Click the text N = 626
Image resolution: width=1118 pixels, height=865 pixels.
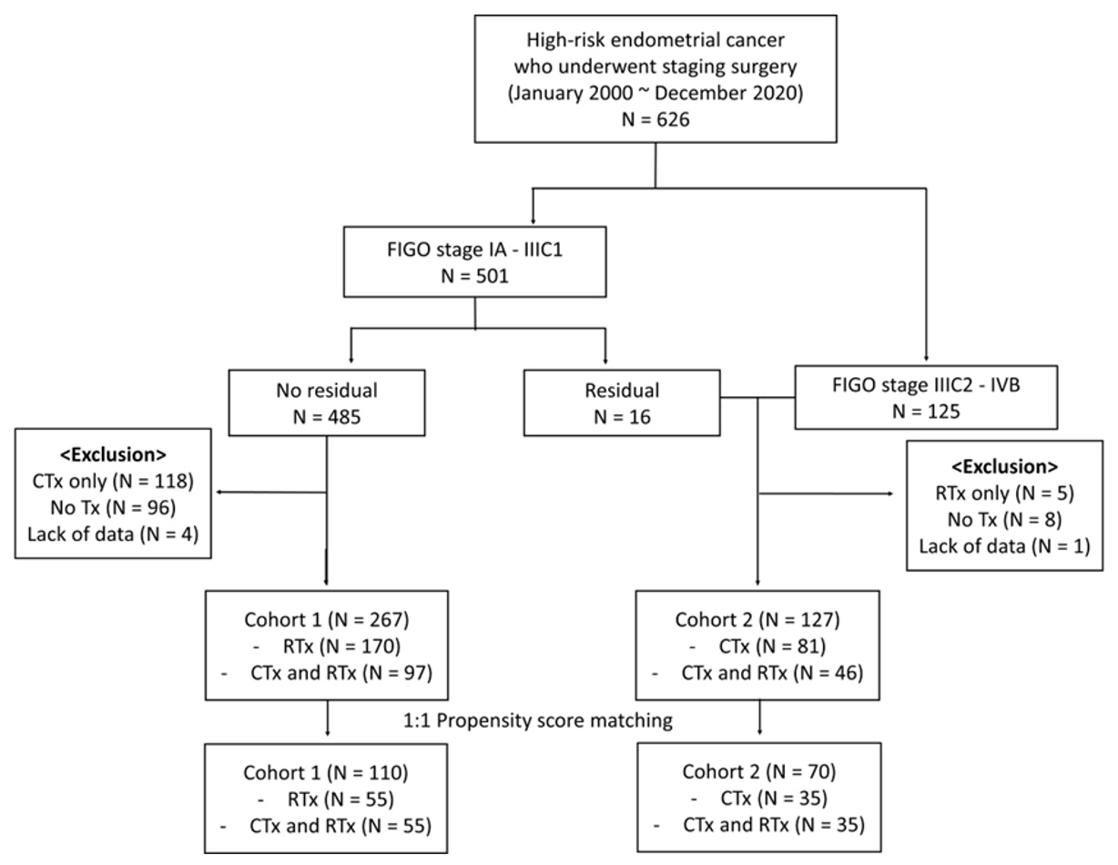click(656, 119)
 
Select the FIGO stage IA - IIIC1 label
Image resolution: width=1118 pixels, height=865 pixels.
click(475, 250)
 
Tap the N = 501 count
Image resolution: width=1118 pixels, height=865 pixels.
click(475, 276)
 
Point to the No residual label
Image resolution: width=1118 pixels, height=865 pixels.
click(327, 391)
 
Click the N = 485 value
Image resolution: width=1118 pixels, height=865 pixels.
click(327, 417)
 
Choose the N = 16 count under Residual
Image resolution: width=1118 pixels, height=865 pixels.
click(622, 417)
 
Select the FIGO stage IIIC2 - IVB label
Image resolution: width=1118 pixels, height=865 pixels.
click(926, 385)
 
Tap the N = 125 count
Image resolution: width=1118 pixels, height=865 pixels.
click(926, 412)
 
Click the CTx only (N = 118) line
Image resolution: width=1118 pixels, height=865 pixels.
click(113, 482)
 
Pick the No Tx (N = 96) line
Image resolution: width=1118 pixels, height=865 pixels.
click(113, 508)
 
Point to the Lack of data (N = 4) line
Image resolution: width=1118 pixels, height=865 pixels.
click(113, 534)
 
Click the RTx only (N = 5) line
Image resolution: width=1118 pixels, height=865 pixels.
click(1005, 494)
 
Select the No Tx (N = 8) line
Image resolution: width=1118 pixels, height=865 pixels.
click(1005, 520)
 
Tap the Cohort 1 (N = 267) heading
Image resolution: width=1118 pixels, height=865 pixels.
click(327, 620)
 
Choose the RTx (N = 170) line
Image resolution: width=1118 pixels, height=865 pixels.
click(341, 646)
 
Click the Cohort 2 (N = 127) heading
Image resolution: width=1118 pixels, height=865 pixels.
click(757, 620)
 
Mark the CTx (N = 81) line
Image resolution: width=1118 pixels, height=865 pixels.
click(772, 646)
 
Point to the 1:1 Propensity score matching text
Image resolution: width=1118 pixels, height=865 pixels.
click(538, 721)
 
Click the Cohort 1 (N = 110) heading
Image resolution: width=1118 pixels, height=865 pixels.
click(326, 773)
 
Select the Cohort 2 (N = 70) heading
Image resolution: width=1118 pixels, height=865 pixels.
click(759, 772)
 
